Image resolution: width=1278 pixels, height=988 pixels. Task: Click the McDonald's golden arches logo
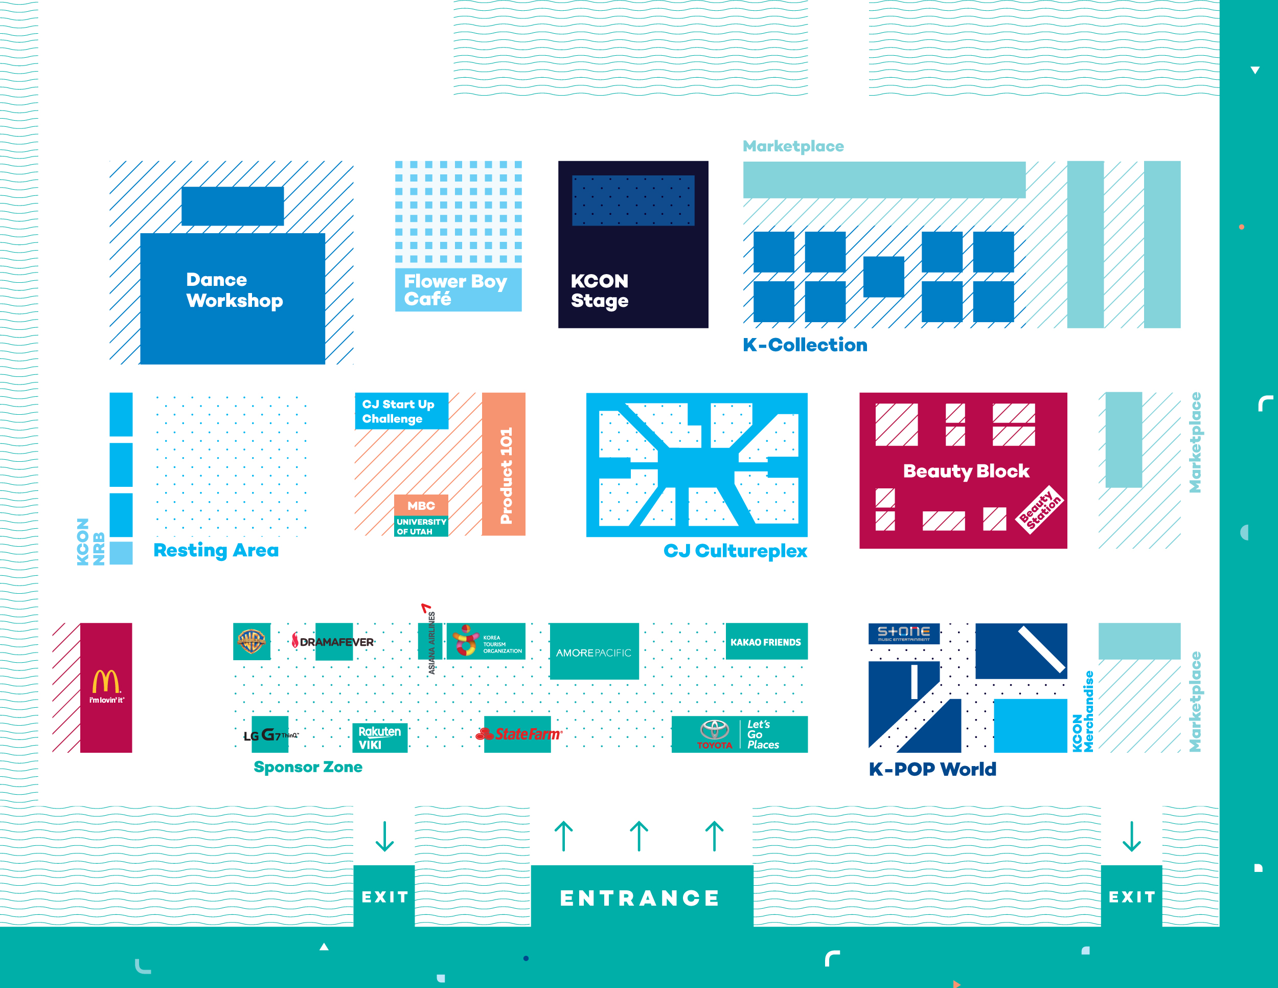(x=106, y=682)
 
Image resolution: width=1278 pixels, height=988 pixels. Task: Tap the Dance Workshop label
(x=234, y=290)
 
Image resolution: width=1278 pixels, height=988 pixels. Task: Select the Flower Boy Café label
(x=455, y=290)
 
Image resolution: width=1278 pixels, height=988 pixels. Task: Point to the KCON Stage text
(x=599, y=290)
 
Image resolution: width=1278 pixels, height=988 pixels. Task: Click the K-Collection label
(x=805, y=345)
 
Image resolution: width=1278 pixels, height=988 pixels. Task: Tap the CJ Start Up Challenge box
(x=401, y=411)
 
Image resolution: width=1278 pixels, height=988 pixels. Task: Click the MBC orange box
(x=421, y=505)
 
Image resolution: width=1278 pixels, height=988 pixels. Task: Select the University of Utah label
(x=421, y=526)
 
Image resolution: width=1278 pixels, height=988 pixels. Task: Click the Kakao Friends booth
(x=766, y=641)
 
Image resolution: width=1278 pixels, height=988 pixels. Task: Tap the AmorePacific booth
(x=594, y=652)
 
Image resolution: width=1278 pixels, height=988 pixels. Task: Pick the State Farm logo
(x=519, y=734)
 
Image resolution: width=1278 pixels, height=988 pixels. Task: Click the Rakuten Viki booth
(x=379, y=737)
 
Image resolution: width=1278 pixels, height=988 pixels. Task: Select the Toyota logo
(x=715, y=733)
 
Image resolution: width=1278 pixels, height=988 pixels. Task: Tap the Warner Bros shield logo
(x=252, y=641)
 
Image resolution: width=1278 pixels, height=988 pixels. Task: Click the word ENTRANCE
(x=640, y=898)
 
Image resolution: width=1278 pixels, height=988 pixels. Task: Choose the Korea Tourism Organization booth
(x=486, y=641)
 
